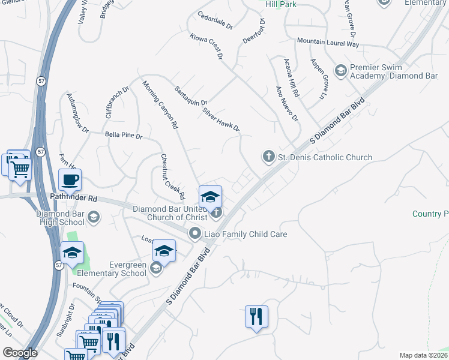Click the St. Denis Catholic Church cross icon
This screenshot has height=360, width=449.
click(268, 157)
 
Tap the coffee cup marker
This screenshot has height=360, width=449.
click(70, 179)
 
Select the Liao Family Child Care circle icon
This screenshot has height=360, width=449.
click(194, 233)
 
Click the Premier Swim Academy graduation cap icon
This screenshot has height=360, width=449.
click(340, 71)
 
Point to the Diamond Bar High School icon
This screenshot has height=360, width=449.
click(93, 217)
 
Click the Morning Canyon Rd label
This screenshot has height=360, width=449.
click(161, 104)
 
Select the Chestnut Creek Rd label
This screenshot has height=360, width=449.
click(172, 176)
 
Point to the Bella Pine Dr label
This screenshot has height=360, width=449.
click(123, 136)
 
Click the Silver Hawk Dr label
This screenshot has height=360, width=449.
click(221, 119)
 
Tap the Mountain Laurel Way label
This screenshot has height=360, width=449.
click(336, 44)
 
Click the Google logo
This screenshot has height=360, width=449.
click(20, 352)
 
